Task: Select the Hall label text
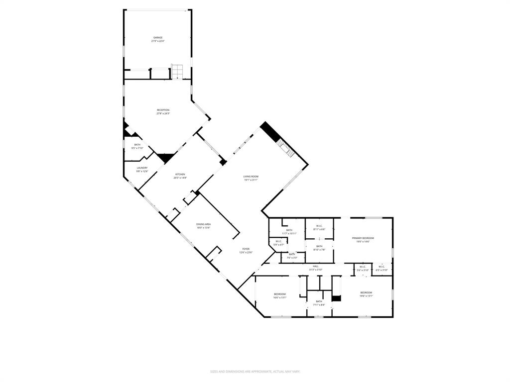(x=316, y=268)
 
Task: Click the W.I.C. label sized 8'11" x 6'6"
(x=319, y=227)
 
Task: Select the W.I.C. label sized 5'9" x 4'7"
(x=278, y=243)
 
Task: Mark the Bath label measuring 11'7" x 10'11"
(x=289, y=231)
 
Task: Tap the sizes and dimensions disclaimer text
(x=255, y=371)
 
